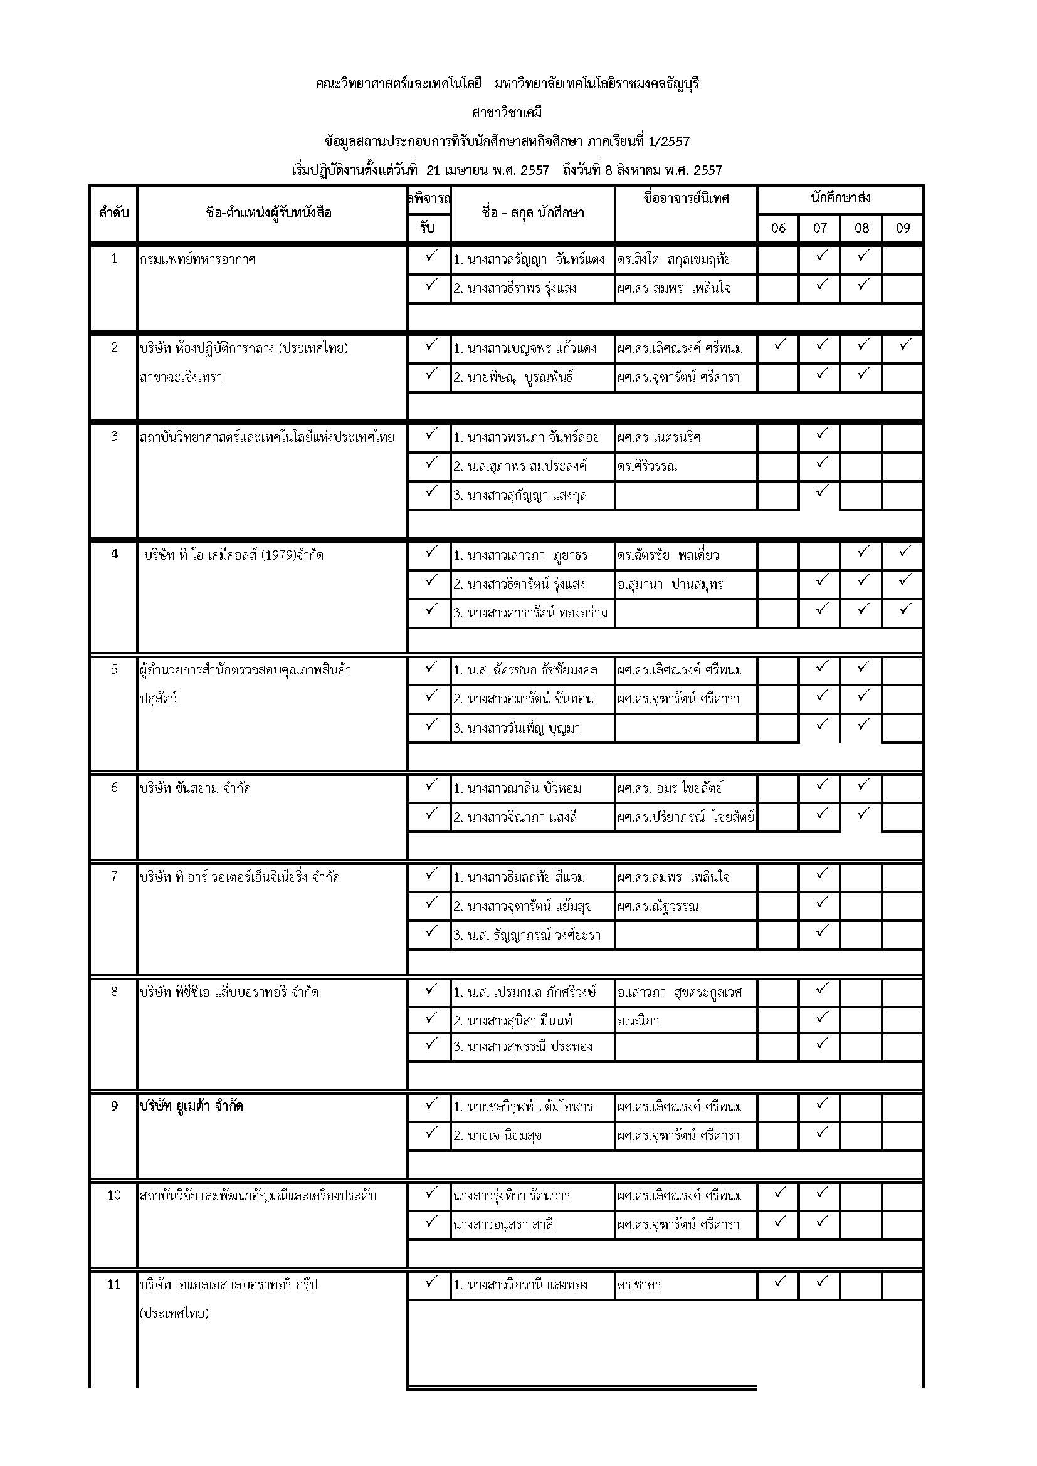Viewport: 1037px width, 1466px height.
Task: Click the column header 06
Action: click(777, 228)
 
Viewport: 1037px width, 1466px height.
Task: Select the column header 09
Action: click(902, 228)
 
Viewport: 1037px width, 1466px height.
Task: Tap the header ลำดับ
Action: click(113, 212)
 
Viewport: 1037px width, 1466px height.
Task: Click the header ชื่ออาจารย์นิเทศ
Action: click(686, 198)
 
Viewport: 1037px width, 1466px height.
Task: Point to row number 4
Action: click(114, 553)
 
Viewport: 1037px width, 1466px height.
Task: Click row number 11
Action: click(114, 1284)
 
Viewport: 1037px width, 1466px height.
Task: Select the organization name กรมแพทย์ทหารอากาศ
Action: click(197, 259)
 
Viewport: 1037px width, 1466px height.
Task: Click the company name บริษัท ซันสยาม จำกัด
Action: click(196, 788)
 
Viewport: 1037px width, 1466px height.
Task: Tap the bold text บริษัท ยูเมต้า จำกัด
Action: click(192, 1106)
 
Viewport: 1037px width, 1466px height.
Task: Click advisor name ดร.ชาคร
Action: click(639, 1285)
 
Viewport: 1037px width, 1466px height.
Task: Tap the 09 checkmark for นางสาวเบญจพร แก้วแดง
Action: click(903, 345)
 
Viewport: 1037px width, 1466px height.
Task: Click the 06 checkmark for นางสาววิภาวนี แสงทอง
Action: click(779, 1281)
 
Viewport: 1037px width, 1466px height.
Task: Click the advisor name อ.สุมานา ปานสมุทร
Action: click(670, 584)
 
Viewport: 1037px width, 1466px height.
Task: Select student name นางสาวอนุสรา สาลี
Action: click(503, 1225)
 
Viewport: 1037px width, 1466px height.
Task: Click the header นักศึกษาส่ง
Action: click(840, 198)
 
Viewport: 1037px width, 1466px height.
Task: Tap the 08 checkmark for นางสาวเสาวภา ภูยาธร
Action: click(863, 550)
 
